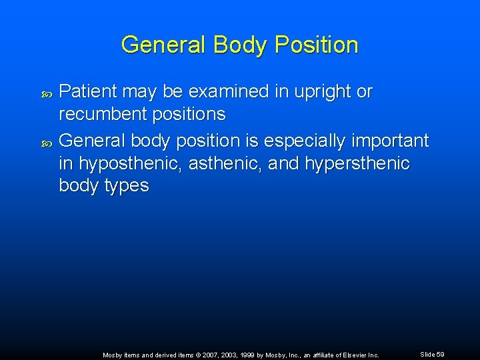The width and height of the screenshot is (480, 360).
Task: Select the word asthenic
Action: pyautogui.click(x=227, y=163)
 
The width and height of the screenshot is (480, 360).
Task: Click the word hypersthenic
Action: pyautogui.click(x=357, y=163)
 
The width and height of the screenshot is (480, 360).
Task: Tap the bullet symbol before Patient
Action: pyautogui.click(x=46, y=92)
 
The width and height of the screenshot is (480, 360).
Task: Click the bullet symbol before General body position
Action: pyautogui.click(x=46, y=141)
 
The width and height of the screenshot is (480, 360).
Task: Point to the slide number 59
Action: pyautogui.click(x=440, y=355)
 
